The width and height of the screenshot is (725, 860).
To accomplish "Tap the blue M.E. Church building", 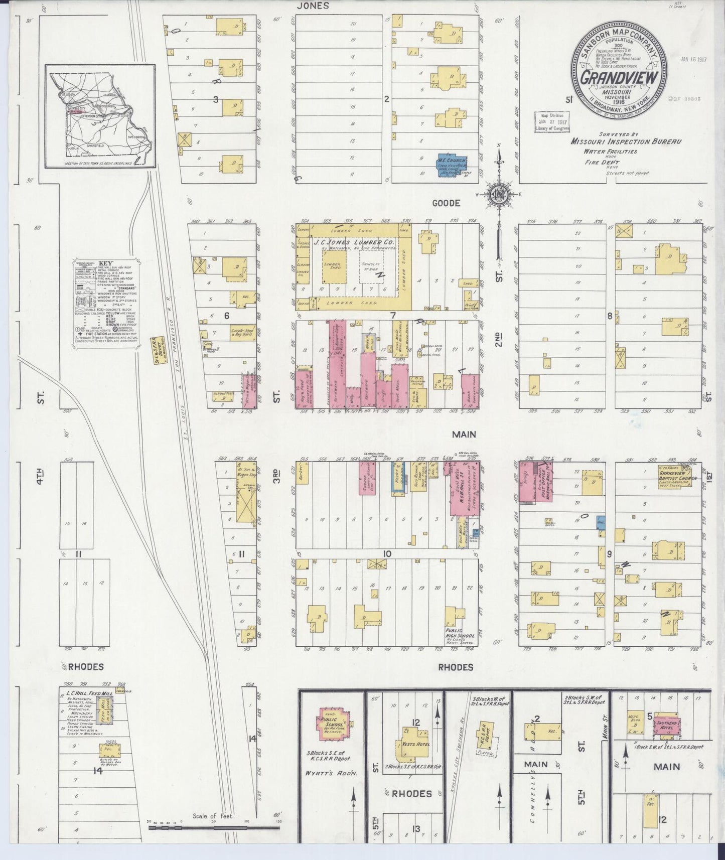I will [450, 165].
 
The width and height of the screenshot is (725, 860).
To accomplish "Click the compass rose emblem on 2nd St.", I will [499, 195].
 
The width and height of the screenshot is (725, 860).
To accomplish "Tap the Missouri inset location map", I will [98, 116].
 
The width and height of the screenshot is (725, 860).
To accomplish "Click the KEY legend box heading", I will [105, 263].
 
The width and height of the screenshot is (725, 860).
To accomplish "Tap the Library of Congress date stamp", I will [551, 121].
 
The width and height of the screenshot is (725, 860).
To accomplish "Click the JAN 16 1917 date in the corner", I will [694, 59].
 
